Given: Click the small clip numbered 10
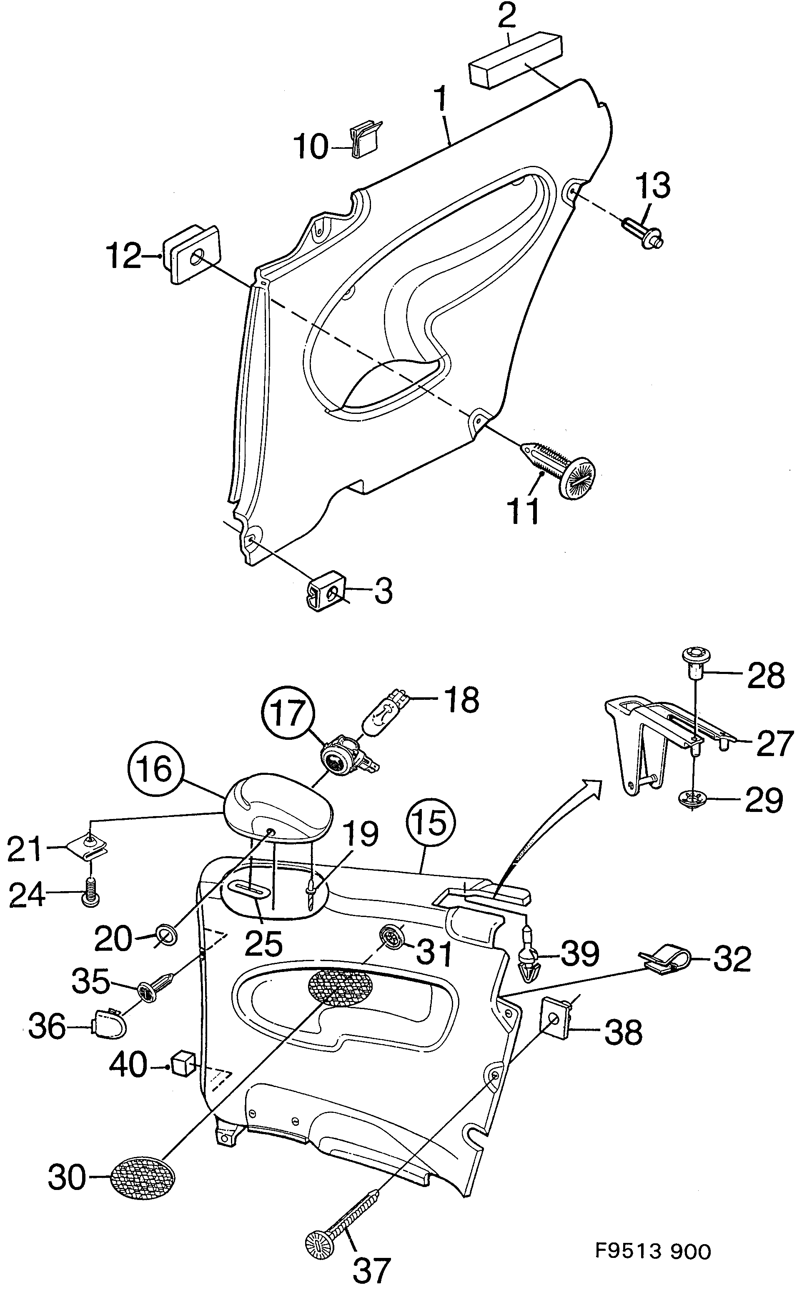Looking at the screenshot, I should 366,139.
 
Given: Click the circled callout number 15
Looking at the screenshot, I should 431,824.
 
